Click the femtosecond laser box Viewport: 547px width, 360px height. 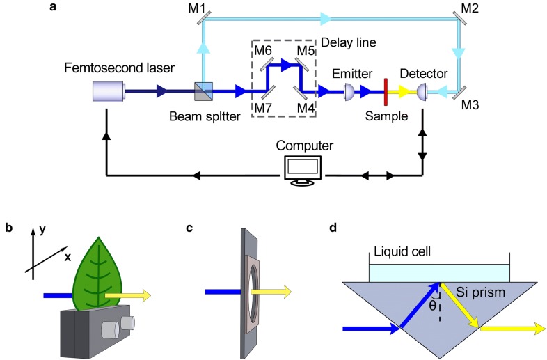tap(109, 90)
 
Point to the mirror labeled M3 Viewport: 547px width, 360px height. tap(459, 91)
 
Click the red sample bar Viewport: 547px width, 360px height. tap(385, 90)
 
